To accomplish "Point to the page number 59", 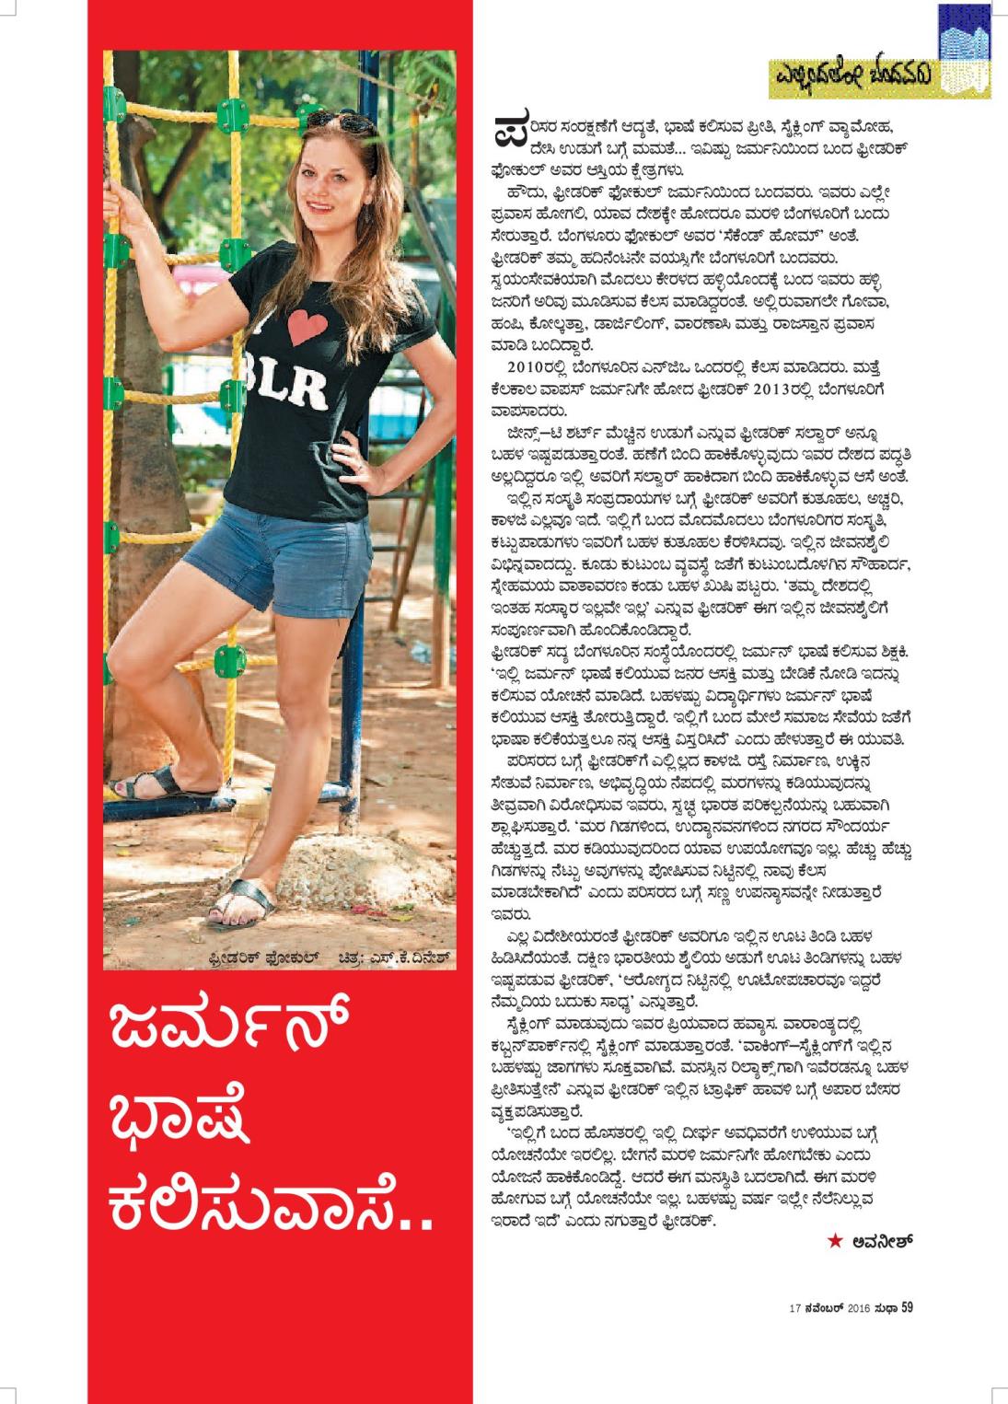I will (x=907, y=1306).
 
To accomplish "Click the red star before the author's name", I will (x=835, y=1240).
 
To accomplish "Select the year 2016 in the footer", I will (x=858, y=1307).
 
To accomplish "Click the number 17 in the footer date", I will (x=794, y=1307).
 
